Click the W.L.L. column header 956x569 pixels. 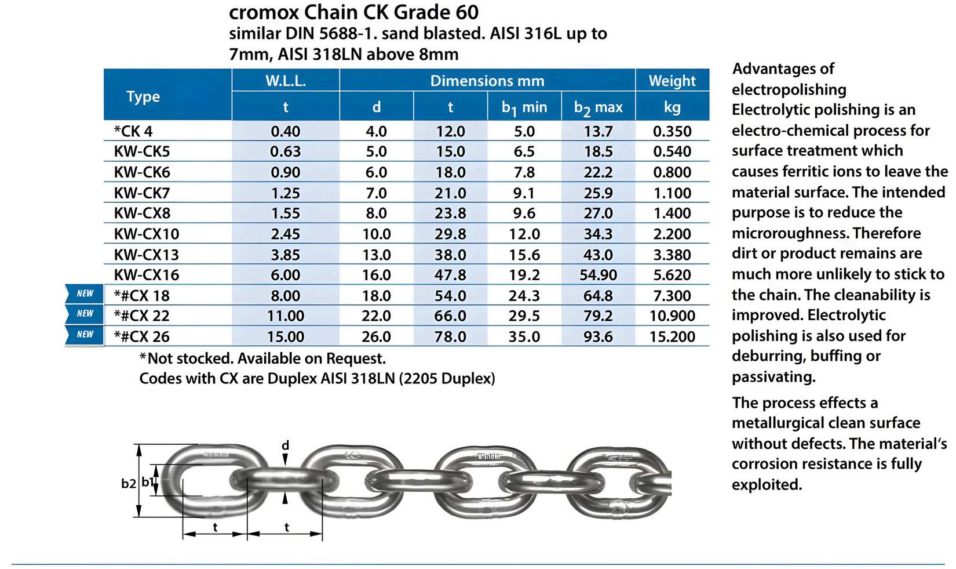[286, 81]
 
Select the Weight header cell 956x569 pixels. [672, 81]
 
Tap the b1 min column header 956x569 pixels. [524, 108]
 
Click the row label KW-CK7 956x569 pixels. [142, 193]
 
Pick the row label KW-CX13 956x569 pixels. [147, 255]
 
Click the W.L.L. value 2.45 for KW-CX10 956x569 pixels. [286, 234]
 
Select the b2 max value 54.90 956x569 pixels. [598, 275]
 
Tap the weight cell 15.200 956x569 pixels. [672, 336]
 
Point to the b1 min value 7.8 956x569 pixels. [524, 172]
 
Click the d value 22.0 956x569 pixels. [376, 316]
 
